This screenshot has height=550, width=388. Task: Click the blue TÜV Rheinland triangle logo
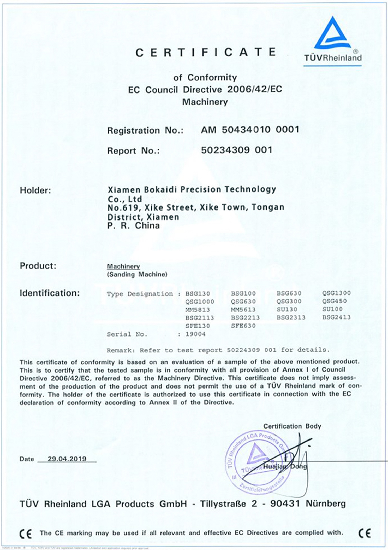[x=332, y=34]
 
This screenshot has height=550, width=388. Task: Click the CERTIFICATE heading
[x=205, y=53]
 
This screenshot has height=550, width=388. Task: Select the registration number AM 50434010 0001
[x=250, y=130]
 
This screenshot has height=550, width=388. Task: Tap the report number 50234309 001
[x=236, y=150]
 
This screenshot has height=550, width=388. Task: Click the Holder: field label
[x=35, y=190]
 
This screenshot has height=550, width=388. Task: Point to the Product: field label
[x=38, y=266]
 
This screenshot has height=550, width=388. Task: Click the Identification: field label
[x=50, y=293]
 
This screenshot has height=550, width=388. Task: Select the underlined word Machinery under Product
[x=123, y=266]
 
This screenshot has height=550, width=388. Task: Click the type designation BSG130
[x=198, y=293]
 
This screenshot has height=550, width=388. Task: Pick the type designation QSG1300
[x=336, y=293]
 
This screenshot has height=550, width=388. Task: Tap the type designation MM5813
[x=198, y=310]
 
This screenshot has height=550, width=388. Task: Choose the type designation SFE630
[x=243, y=326]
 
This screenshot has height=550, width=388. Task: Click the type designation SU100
[x=332, y=309]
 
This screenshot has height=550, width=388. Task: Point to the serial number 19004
[x=195, y=334]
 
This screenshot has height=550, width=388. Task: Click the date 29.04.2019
[x=67, y=459]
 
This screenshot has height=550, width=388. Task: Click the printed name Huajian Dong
[x=285, y=466]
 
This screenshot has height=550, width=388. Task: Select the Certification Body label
[x=292, y=426]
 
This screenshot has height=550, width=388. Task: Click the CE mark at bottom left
[x=26, y=533]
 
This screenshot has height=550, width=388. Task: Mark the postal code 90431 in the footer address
[x=285, y=503]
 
